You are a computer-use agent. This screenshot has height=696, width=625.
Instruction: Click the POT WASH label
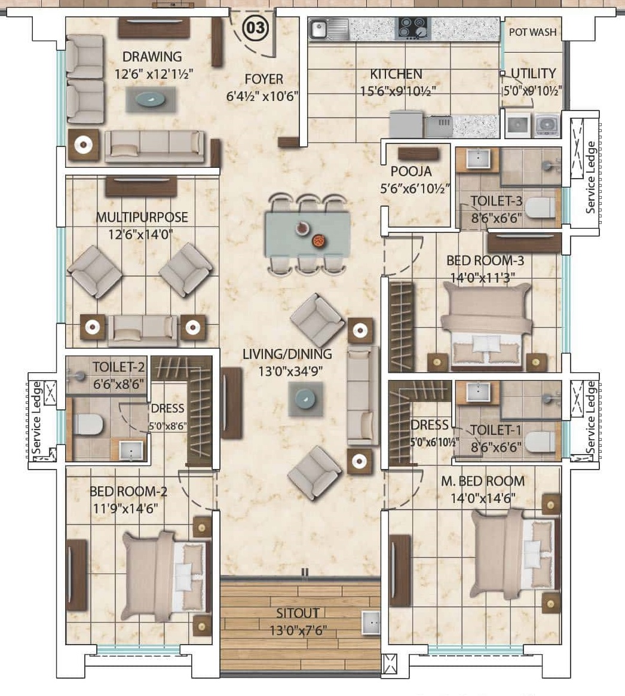click(x=532, y=32)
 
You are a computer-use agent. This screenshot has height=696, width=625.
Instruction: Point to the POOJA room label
click(x=411, y=171)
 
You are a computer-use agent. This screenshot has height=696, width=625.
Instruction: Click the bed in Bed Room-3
click(x=488, y=326)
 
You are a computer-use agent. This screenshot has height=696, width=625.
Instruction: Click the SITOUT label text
click(x=298, y=614)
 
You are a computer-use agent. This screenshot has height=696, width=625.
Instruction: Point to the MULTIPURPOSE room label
click(x=142, y=217)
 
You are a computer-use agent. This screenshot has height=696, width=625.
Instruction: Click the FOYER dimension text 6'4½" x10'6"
click(x=262, y=96)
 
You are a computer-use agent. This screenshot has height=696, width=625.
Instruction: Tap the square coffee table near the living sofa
click(x=305, y=398)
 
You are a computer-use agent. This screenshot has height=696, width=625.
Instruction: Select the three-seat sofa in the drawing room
click(x=155, y=146)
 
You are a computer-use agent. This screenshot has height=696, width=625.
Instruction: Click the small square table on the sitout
click(x=371, y=623)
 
